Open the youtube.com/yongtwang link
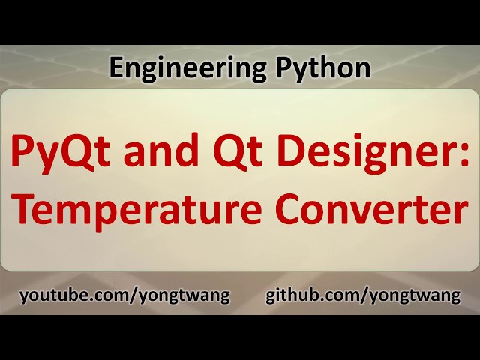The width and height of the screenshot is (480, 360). click(124, 295)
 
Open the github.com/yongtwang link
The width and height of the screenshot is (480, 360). click(363, 295)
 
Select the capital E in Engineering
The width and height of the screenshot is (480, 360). click(115, 68)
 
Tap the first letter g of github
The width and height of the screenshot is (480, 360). click(271, 297)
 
